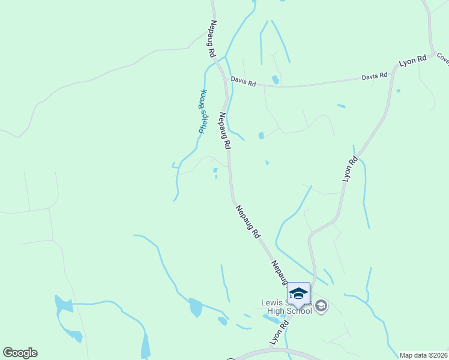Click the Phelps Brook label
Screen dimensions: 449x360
coord(203,111)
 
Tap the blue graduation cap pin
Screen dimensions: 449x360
coord(298,294)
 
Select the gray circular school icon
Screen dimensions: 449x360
coord(321,307)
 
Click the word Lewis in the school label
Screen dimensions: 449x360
coord(271,302)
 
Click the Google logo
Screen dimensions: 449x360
coord(20,353)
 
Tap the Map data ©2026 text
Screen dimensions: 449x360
coord(423,355)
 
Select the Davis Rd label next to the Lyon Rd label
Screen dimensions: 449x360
coord(374,77)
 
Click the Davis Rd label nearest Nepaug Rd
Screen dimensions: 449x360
coord(244,82)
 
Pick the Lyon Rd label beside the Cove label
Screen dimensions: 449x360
coord(412,62)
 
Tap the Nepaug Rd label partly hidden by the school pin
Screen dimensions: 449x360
coord(280,273)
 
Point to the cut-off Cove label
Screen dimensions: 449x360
coord(443,58)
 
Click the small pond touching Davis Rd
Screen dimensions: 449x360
coord(276,80)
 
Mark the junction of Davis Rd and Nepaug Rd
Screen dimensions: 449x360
coord(227,82)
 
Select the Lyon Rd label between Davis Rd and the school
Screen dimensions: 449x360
coord(350,169)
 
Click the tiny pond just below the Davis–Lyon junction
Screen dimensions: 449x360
coord(398,91)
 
